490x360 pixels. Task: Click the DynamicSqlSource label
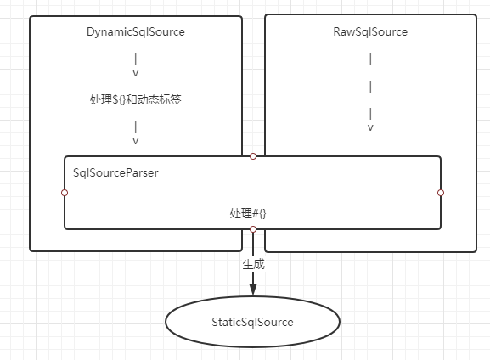(136, 32)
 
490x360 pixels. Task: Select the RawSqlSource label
(370, 32)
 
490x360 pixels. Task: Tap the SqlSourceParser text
(115, 172)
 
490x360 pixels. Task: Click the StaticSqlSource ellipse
(252, 322)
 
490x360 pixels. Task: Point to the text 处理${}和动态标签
(136, 100)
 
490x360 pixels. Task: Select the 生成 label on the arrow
(254, 264)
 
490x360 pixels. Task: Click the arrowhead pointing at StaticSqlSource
(253, 290)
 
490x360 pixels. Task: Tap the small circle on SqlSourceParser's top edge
(253, 156)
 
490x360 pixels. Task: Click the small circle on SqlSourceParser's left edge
(65, 193)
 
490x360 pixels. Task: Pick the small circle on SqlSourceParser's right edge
(441, 193)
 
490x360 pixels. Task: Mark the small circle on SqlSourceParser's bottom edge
(253, 229)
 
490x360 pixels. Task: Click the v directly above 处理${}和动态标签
(136, 73)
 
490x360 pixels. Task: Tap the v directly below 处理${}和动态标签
(136, 141)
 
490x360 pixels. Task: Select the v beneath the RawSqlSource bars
(370, 127)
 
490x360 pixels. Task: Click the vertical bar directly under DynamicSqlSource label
(136, 59)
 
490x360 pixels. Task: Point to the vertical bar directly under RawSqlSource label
(370, 59)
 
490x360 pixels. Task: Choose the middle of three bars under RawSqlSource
(370, 87)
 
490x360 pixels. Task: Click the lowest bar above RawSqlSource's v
(370, 114)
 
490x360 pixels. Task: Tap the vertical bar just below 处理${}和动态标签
(136, 127)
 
